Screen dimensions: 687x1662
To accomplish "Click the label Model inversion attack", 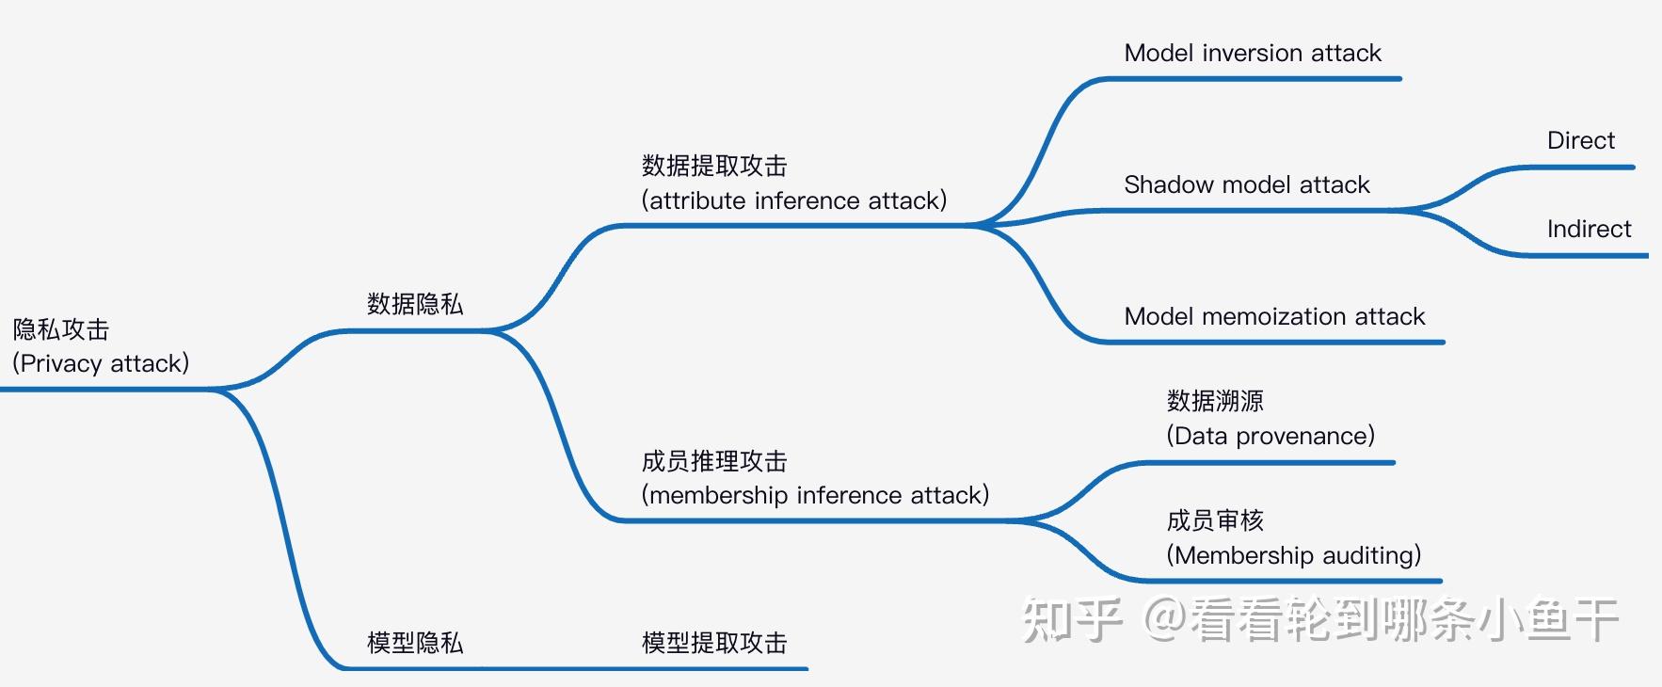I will tap(1252, 53).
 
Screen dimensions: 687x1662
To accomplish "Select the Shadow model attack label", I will tap(1246, 184).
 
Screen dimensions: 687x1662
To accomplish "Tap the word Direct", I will tap(1580, 140).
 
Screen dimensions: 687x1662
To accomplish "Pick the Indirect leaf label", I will tap(1589, 229).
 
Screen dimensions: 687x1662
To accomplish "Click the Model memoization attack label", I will tap(1274, 316).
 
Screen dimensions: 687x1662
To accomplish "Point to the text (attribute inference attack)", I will tap(793, 200).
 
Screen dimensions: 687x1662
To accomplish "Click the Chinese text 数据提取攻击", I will tap(714, 166).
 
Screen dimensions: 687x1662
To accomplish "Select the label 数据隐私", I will tap(415, 304).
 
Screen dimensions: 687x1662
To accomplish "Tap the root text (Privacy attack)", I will tap(101, 363).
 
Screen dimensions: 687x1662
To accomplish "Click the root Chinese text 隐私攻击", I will tap(61, 329).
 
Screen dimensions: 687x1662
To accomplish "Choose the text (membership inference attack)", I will tap(815, 495).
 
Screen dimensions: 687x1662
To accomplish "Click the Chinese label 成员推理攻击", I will tap(714, 461).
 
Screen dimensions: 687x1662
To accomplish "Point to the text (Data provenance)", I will tap(1270, 436).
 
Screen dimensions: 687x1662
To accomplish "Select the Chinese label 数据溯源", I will tap(1215, 401).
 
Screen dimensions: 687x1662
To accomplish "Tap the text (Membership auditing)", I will tap(1293, 555).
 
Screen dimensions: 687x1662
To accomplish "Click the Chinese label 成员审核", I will tap(1215, 520).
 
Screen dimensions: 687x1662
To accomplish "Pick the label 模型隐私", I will tap(415, 643).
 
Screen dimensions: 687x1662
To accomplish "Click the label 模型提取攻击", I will tap(714, 643).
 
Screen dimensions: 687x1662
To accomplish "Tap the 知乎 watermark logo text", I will tap(1073, 620).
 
